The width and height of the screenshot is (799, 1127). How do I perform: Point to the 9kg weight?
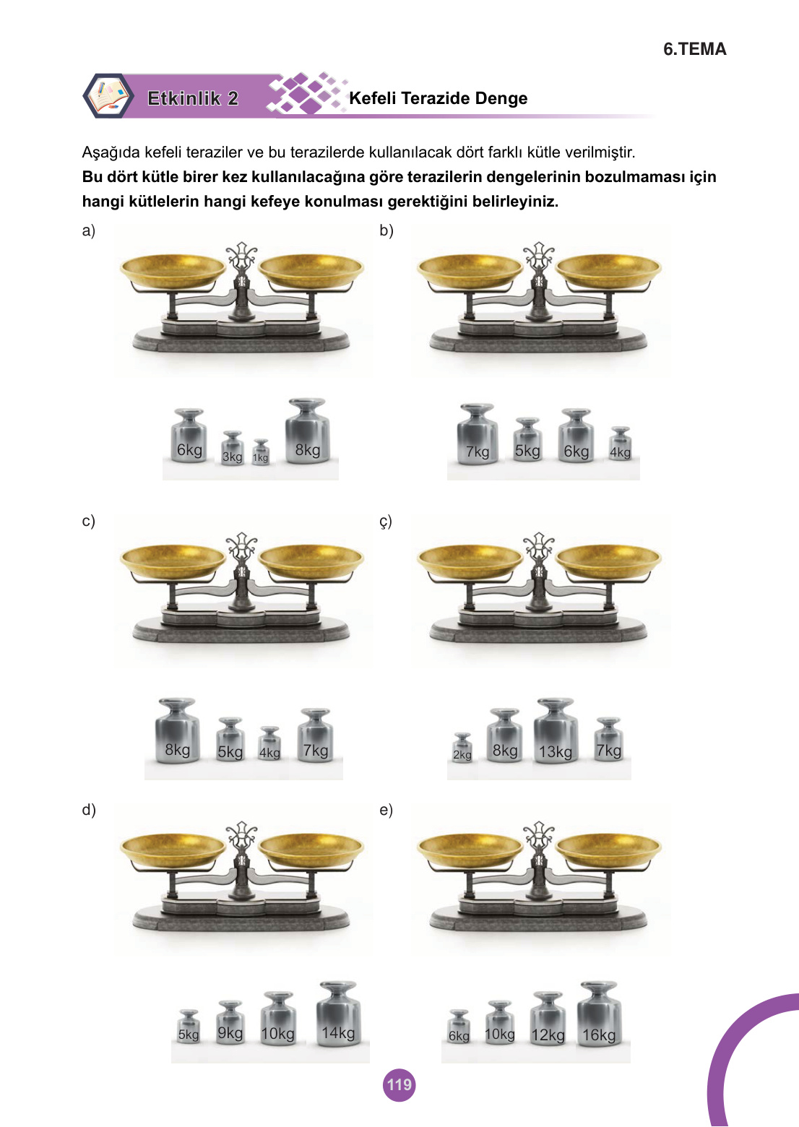230,1022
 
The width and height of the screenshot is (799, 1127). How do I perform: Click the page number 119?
399,1084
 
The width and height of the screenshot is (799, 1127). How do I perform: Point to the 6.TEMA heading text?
695,49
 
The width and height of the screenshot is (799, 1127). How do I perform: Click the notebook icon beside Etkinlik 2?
108,96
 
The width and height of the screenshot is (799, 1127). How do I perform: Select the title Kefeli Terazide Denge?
439,98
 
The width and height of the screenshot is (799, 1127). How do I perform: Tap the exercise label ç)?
385,522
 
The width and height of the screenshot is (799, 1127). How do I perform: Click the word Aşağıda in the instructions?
111,152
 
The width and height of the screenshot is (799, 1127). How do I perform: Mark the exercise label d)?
89,810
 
